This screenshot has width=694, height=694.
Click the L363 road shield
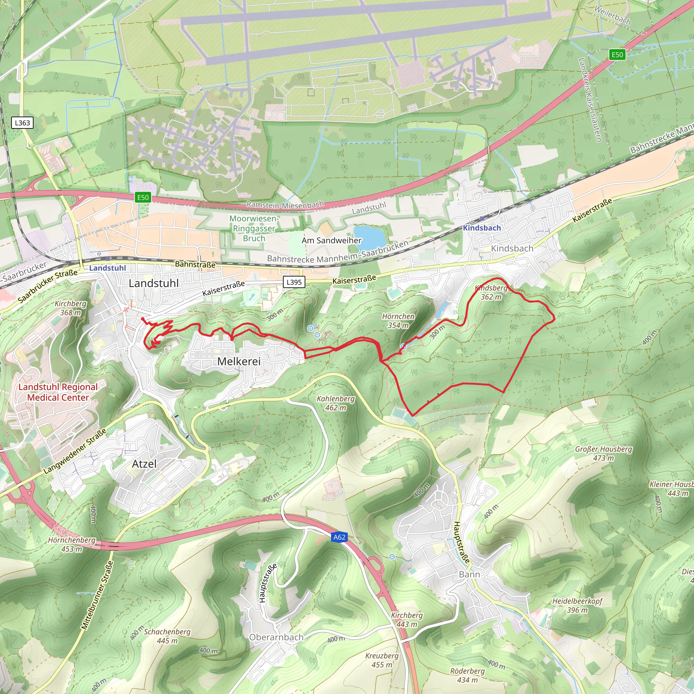coord(22,123)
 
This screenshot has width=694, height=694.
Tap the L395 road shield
coord(294,282)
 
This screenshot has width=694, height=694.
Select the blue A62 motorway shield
coord(339,537)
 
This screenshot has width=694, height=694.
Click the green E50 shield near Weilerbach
coord(617,55)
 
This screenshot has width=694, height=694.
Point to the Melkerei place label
coord(239,361)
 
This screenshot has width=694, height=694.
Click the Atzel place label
coord(144,464)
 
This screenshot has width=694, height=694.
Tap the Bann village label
coord(469,574)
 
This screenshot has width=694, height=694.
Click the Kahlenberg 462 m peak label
coord(335,403)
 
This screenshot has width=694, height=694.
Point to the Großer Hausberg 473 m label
coord(604,453)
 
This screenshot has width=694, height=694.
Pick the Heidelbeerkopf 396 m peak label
coord(577,605)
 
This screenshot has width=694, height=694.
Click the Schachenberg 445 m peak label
coord(167,636)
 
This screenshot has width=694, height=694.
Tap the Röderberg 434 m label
coord(467,675)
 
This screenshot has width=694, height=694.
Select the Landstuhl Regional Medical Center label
coord(58,392)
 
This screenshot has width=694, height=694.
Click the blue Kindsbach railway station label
coord(482,228)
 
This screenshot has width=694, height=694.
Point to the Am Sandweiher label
coord(331,240)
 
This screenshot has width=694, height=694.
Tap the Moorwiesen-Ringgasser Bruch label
coord(254,228)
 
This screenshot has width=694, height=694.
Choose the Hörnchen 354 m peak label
coord(398,321)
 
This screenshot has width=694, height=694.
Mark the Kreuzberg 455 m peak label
coord(382,660)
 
